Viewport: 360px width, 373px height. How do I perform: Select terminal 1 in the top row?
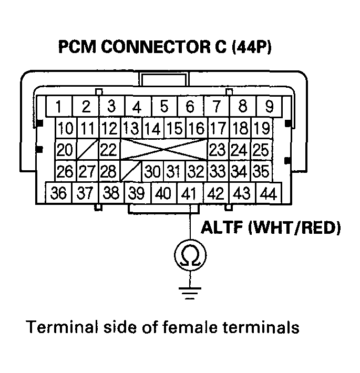click(x=59, y=107)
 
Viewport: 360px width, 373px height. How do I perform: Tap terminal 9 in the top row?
click(x=269, y=107)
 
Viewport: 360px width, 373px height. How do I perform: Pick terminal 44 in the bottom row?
click(x=268, y=193)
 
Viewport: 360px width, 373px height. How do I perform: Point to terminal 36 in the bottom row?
click(x=59, y=193)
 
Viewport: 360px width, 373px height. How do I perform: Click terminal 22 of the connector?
click(x=108, y=150)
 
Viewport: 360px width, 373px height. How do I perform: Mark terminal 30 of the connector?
click(x=152, y=171)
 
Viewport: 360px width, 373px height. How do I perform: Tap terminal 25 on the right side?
click(x=261, y=150)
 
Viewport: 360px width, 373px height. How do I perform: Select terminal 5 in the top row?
click(x=163, y=107)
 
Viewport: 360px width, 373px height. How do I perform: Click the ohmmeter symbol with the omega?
click(x=190, y=255)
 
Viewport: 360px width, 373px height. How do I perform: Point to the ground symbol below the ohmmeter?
click(x=190, y=292)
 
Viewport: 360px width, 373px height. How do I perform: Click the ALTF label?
click(x=222, y=229)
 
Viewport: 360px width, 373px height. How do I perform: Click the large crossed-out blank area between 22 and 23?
click(x=163, y=150)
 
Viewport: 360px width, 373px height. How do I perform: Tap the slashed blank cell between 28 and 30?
click(x=131, y=171)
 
